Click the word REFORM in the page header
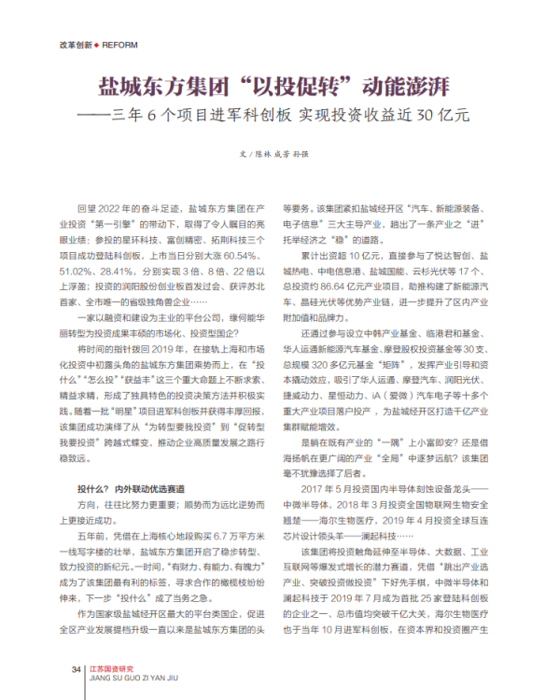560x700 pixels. pyautogui.click(x=119, y=45)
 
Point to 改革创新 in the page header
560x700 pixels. pyautogui.click(x=75, y=45)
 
